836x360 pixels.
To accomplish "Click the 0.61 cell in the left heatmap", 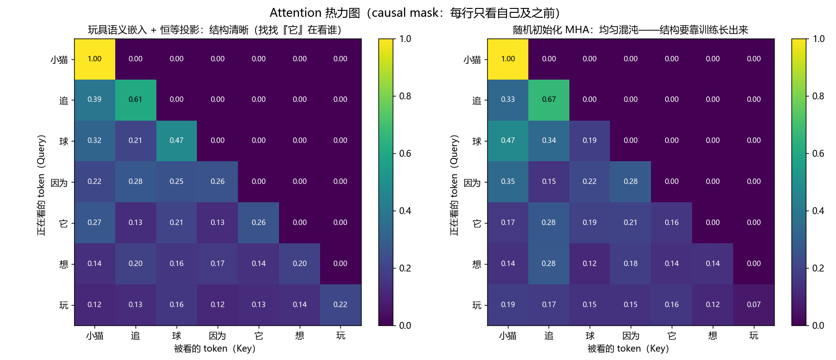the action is [x=136, y=100].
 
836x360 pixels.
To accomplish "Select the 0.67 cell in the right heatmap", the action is [x=549, y=100].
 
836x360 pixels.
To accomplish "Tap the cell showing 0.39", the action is [x=95, y=100].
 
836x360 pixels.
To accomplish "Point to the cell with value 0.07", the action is [x=753, y=305].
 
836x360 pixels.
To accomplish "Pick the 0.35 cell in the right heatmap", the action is [x=508, y=181].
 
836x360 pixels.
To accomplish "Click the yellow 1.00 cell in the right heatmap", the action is [x=508, y=59].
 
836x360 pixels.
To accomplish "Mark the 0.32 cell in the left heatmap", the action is [x=95, y=141].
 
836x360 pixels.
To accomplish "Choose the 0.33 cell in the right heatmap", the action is [x=508, y=100].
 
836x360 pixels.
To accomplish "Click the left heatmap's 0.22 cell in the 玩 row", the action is [x=340, y=305].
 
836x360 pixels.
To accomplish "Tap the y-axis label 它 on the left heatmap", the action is [x=64, y=224].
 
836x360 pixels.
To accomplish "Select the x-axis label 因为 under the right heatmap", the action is [x=631, y=336].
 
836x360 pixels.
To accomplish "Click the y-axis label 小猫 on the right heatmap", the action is [x=472, y=60].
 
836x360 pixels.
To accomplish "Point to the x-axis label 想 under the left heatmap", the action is [x=299, y=336].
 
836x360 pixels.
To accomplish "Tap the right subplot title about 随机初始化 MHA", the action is [x=631, y=30].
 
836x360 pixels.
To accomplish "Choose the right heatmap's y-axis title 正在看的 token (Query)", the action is [x=455, y=185].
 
